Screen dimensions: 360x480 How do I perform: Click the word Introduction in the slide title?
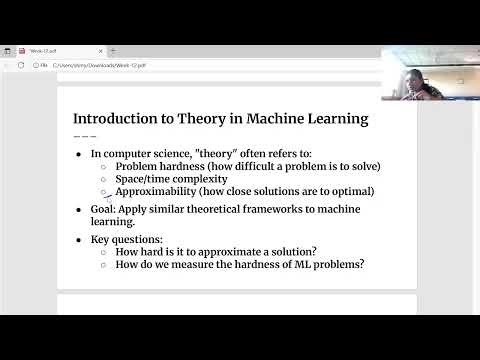tap(118, 119)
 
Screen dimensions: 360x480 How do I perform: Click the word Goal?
tap(103, 209)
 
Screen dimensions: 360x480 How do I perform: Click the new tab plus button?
tap(112, 50)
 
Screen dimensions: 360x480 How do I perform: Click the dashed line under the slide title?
tap(85, 135)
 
